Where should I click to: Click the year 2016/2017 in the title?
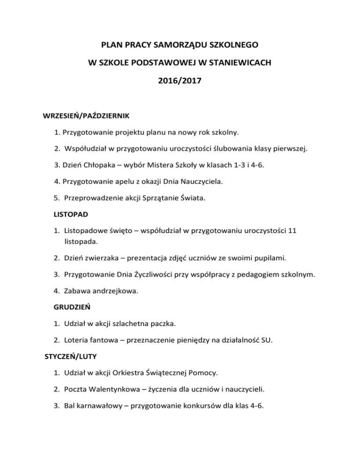(180, 80)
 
